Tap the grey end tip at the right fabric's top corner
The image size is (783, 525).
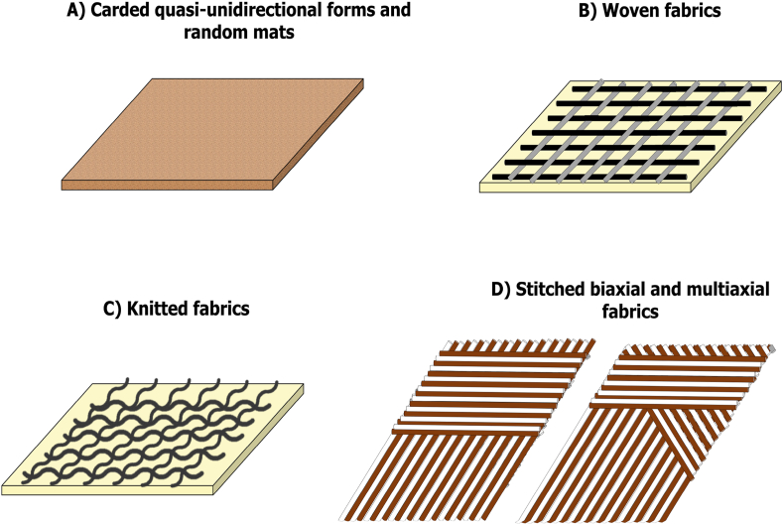click(772, 348)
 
